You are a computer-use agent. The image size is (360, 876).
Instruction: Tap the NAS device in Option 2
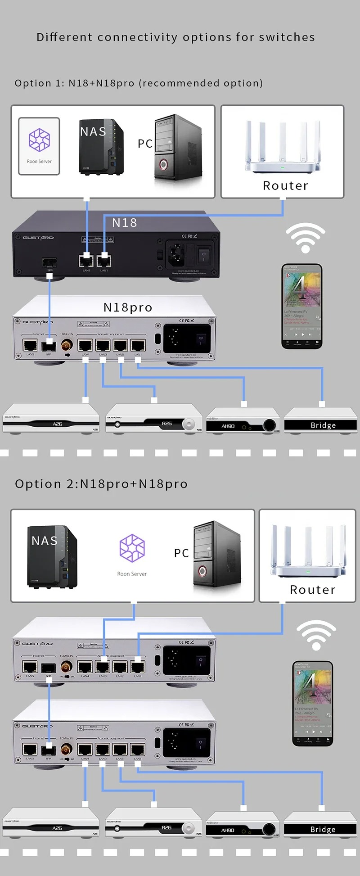(x=52, y=556)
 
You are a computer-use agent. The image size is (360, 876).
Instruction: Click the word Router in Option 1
(x=285, y=185)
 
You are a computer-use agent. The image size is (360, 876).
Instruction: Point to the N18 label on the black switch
(x=124, y=223)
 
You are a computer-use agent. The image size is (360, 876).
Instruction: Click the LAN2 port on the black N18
(x=86, y=261)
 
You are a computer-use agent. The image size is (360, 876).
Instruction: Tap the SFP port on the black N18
(x=49, y=262)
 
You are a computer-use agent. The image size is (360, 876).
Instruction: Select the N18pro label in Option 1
(x=128, y=307)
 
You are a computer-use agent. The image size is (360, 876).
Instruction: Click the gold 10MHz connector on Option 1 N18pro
(x=67, y=345)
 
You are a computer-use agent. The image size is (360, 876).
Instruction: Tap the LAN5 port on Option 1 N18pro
(x=30, y=346)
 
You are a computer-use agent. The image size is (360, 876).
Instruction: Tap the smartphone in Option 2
(x=313, y=703)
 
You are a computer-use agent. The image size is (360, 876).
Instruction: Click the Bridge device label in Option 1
(x=323, y=425)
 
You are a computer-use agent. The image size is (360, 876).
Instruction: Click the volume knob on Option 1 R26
(x=189, y=424)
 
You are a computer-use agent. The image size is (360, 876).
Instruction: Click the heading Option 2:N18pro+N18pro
(x=101, y=484)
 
